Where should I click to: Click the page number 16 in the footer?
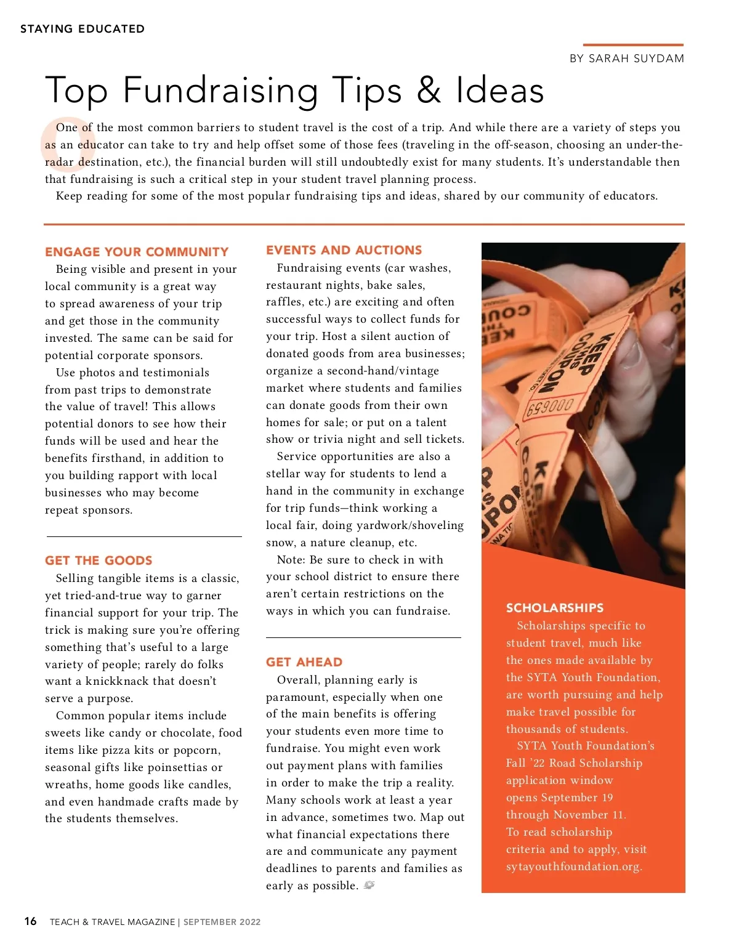[30, 921]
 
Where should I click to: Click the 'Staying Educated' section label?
[83, 29]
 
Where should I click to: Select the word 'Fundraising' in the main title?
[220, 90]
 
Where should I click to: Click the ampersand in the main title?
[429, 90]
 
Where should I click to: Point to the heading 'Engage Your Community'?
[137, 252]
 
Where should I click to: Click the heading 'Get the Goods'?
[99, 560]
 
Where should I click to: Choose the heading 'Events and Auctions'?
[344, 250]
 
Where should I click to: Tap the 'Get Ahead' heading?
[304, 662]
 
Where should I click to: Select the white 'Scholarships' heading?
[555, 608]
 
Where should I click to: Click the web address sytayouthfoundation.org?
[573, 866]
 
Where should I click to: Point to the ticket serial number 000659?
[549, 407]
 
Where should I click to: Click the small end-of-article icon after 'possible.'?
[369, 885]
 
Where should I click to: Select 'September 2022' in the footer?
[222, 922]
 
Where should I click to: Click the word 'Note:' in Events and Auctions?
[291, 560]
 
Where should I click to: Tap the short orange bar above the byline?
[633, 45]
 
